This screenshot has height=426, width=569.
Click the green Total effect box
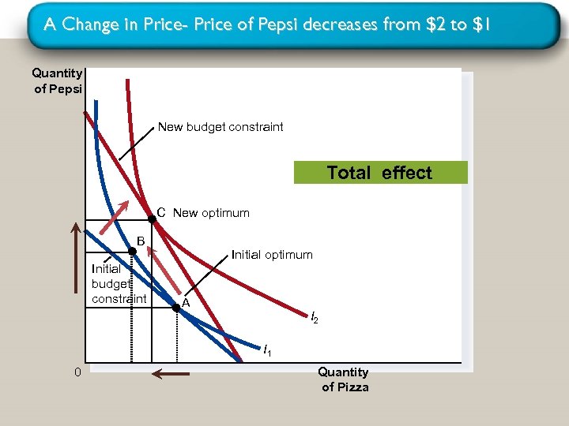(380, 173)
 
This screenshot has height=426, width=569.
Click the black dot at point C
(152, 219)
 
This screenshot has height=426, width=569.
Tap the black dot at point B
(133, 252)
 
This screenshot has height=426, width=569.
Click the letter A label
(185, 303)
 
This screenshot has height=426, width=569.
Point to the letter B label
(141, 240)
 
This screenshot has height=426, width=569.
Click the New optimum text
(211, 213)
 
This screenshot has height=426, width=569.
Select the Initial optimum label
(272, 255)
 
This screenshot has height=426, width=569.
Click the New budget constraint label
(220, 127)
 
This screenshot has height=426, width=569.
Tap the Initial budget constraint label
(119, 283)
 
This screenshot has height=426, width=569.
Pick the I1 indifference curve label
(267, 349)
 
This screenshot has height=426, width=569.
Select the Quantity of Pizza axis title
(344, 379)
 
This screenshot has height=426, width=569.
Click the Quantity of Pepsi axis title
(57, 80)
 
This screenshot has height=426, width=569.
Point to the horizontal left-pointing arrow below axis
(170, 375)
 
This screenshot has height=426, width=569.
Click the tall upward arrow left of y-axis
(76, 292)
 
